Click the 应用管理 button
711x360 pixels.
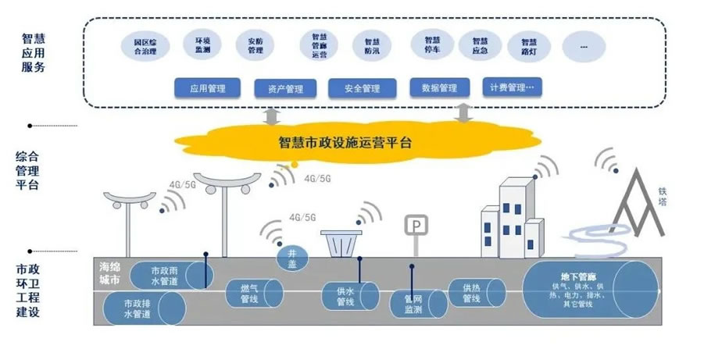[207, 88]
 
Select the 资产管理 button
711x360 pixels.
[284, 89]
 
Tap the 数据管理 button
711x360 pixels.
[438, 87]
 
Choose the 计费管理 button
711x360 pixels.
[512, 87]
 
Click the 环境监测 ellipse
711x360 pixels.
[202, 45]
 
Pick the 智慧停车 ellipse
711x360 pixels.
[433, 45]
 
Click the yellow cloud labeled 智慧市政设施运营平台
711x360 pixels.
[344, 144]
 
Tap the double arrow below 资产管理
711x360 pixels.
[273, 117]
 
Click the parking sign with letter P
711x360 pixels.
[416, 226]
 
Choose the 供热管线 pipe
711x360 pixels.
[473, 294]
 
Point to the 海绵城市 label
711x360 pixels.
[110, 273]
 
